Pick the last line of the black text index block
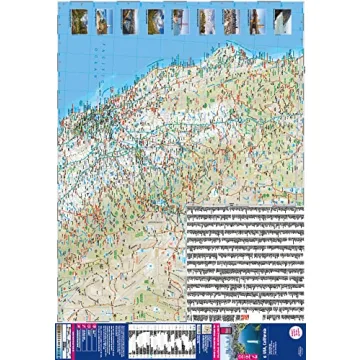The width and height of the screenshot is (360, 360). (245, 301)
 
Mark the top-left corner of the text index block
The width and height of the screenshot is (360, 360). (188, 207)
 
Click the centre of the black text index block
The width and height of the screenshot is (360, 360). (245, 255)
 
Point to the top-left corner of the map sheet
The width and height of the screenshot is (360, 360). (58, 6)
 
